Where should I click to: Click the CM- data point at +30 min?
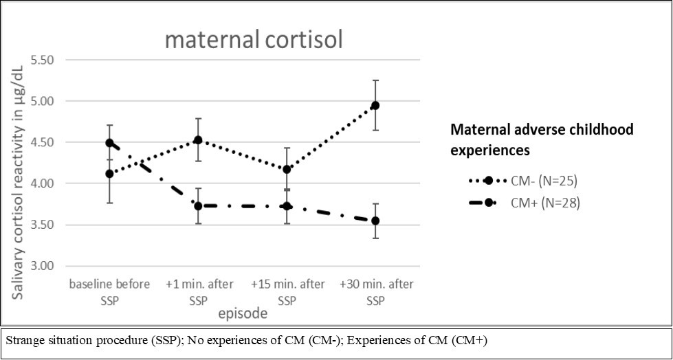click(375, 105)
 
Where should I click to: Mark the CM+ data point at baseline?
click(109, 143)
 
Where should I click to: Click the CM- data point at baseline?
click(109, 174)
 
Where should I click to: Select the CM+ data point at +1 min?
click(198, 206)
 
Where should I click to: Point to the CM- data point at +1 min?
click(198, 140)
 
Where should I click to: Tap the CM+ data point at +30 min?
click(375, 221)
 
